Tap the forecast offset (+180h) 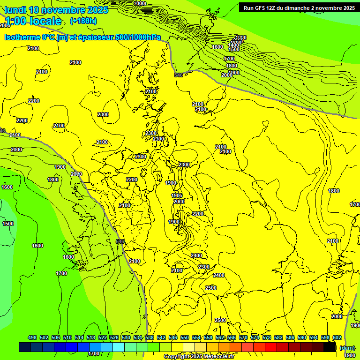83,21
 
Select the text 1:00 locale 33,21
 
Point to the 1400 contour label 233,45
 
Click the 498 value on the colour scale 32,337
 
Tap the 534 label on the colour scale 138,337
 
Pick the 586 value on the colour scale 290,337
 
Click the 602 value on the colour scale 337,337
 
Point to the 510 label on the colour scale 67,337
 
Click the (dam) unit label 347,348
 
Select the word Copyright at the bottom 177,357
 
